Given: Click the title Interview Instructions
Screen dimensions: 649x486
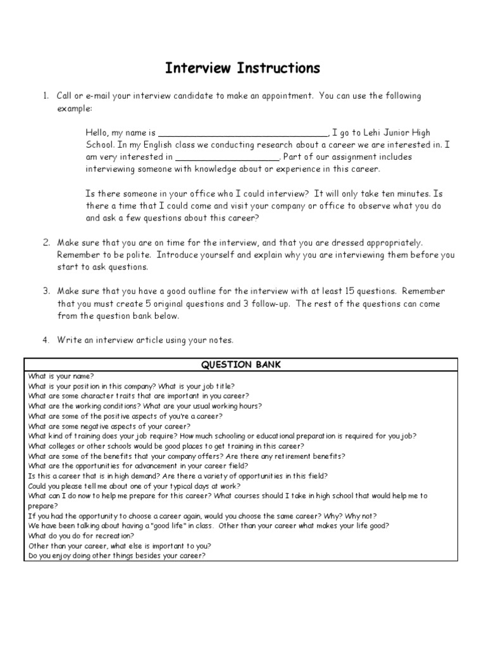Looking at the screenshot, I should point(243,68).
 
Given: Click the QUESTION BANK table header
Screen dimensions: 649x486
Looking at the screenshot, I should point(241,364).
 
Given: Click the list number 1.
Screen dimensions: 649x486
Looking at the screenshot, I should point(46,96).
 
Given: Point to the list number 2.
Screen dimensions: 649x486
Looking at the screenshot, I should point(46,243).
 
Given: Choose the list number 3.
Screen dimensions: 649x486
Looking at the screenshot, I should point(46,292).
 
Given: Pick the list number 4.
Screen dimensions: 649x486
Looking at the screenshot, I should point(46,340).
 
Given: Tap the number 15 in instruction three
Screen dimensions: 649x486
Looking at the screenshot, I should point(349,292).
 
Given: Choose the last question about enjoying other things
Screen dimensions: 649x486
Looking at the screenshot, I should point(117,556).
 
